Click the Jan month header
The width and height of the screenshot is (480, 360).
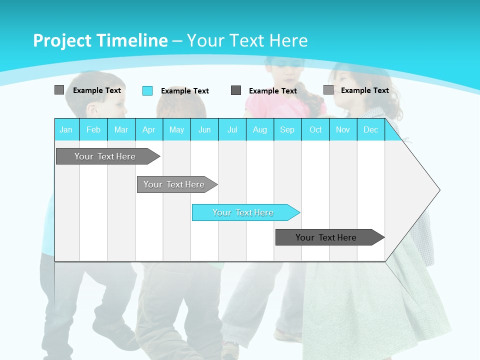(66, 129)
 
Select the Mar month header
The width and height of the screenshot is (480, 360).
(121, 129)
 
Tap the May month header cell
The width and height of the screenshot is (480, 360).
(176, 129)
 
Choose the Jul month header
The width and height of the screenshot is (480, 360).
(232, 129)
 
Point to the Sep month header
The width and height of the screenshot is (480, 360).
(287, 129)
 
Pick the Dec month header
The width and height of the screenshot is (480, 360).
(370, 129)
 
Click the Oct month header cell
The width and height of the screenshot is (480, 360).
(315, 129)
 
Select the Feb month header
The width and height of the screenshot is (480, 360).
(93, 129)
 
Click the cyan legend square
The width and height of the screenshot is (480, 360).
(147, 90)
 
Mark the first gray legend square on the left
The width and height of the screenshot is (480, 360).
(59, 90)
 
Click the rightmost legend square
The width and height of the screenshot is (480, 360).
(328, 90)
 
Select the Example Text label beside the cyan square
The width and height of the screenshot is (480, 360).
(185, 91)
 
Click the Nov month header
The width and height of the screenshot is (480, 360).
(343, 129)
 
